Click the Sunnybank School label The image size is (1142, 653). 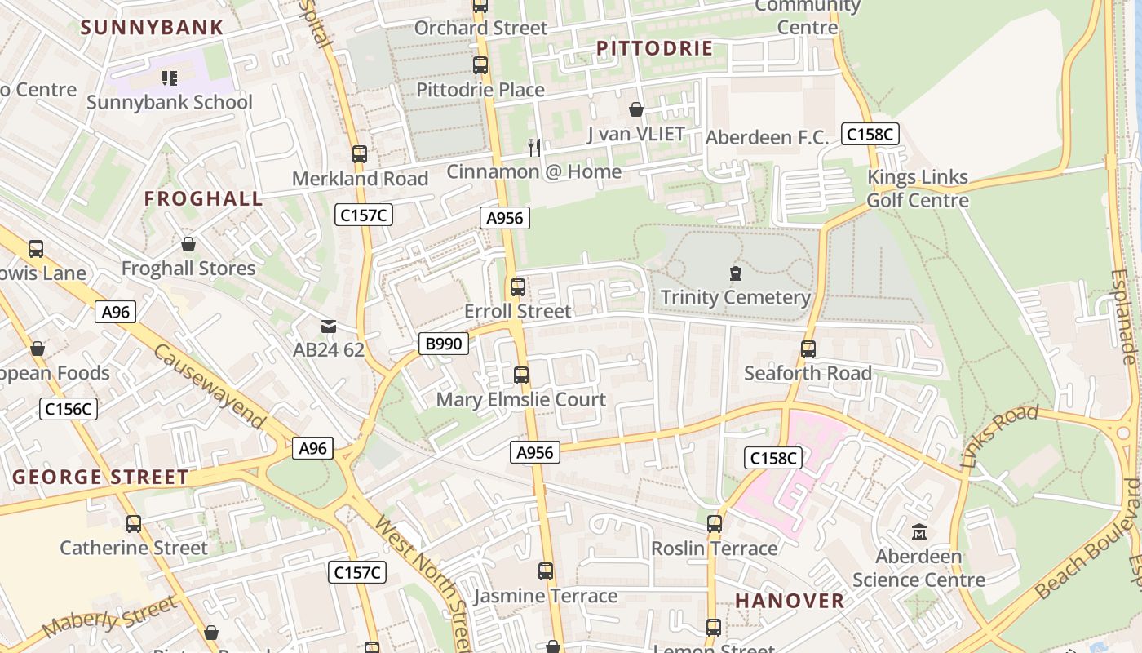pyautogui.click(x=170, y=103)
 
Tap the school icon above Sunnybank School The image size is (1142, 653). pyautogui.click(x=170, y=78)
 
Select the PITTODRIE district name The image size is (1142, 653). pyautogui.click(x=654, y=48)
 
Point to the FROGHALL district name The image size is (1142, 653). pyautogui.click(x=204, y=198)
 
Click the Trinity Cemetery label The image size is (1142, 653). pyautogui.click(x=735, y=297)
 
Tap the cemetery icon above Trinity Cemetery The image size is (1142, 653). pyautogui.click(x=736, y=273)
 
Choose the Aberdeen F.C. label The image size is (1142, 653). pyautogui.click(x=767, y=138)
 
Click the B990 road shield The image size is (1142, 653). pyautogui.click(x=444, y=344)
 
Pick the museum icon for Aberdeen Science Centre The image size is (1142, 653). pyautogui.click(x=919, y=532)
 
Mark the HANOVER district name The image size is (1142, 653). pyautogui.click(x=790, y=601)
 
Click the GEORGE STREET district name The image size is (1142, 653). pyautogui.click(x=100, y=477)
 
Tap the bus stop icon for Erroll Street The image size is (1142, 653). pyautogui.click(x=518, y=287)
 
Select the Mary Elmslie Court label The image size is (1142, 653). pyautogui.click(x=520, y=400)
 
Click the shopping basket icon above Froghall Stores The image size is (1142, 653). pyautogui.click(x=188, y=244)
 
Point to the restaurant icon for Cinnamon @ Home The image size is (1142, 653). pyautogui.click(x=534, y=147)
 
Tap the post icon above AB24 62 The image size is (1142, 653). pyautogui.click(x=328, y=326)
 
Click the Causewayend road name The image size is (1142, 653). pyautogui.click(x=209, y=386)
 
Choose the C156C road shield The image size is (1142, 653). pyautogui.click(x=69, y=409)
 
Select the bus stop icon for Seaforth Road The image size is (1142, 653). pyautogui.click(x=808, y=349)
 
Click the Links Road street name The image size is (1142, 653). pyautogui.click(x=999, y=437)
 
